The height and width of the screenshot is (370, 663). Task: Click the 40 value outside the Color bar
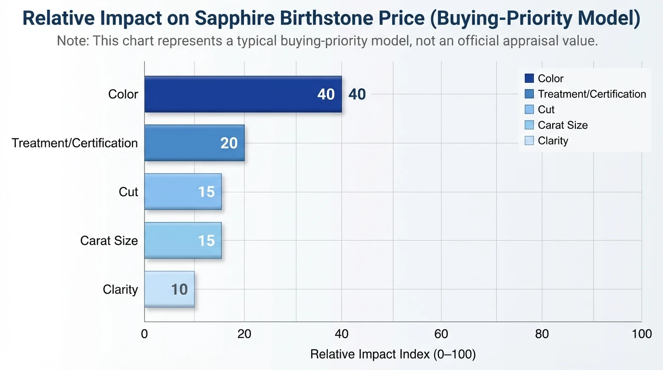pyautogui.click(x=357, y=94)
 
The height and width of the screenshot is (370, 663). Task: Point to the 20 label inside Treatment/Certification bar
pyautogui.click(x=229, y=143)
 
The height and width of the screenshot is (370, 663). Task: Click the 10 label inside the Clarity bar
pyautogui.click(x=179, y=290)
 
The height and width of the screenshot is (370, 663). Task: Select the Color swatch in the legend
pyautogui.click(x=529, y=79)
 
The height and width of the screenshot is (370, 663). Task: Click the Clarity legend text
pyautogui.click(x=553, y=141)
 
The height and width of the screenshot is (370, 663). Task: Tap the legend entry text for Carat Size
pyautogui.click(x=563, y=125)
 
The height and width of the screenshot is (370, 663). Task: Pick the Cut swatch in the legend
pyautogui.click(x=529, y=110)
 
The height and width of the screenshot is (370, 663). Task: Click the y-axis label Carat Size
pyautogui.click(x=109, y=240)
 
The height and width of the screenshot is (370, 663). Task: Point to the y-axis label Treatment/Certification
pyautogui.click(x=75, y=143)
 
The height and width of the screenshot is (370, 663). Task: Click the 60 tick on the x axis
pyautogui.click(x=441, y=334)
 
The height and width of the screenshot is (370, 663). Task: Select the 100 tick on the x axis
pyautogui.click(x=641, y=334)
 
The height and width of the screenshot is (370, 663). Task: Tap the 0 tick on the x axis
pyautogui.click(x=145, y=334)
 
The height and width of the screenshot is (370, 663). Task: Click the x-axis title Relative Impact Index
pyautogui.click(x=393, y=355)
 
